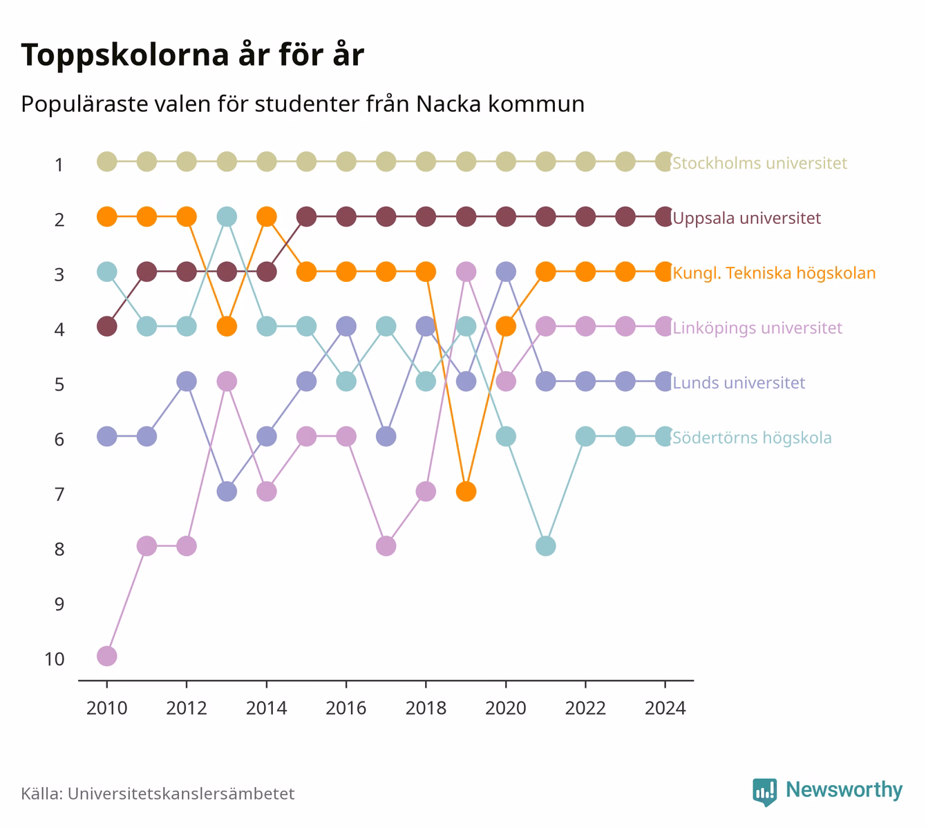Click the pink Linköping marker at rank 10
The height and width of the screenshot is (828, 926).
tap(107, 656)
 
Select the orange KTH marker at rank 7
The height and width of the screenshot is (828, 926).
tap(466, 491)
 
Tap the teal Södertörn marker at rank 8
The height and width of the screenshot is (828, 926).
tap(546, 546)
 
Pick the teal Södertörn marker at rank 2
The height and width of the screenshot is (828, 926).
tap(227, 217)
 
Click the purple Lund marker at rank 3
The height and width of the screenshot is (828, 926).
tap(506, 272)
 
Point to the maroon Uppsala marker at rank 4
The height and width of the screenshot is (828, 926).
tap(107, 326)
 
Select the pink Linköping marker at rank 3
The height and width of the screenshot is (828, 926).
tap(466, 272)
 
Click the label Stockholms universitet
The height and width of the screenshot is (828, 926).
tap(759, 162)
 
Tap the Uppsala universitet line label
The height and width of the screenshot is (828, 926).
tap(747, 218)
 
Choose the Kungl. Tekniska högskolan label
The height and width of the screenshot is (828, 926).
tap(774, 273)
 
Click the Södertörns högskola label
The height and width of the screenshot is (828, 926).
tap(752, 437)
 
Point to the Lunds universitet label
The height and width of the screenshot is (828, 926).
tap(739, 383)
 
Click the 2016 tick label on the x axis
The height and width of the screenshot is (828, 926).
tap(346, 708)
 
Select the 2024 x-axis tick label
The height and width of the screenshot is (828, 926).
tap(665, 708)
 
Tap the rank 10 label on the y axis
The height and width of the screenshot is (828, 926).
tap(55, 659)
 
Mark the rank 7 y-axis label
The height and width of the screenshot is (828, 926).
tap(59, 494)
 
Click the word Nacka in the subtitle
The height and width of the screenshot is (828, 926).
tap(448, 104)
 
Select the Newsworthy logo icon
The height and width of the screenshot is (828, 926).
tap(765, 792)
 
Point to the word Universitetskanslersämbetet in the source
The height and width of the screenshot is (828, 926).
tap(181, 793)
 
